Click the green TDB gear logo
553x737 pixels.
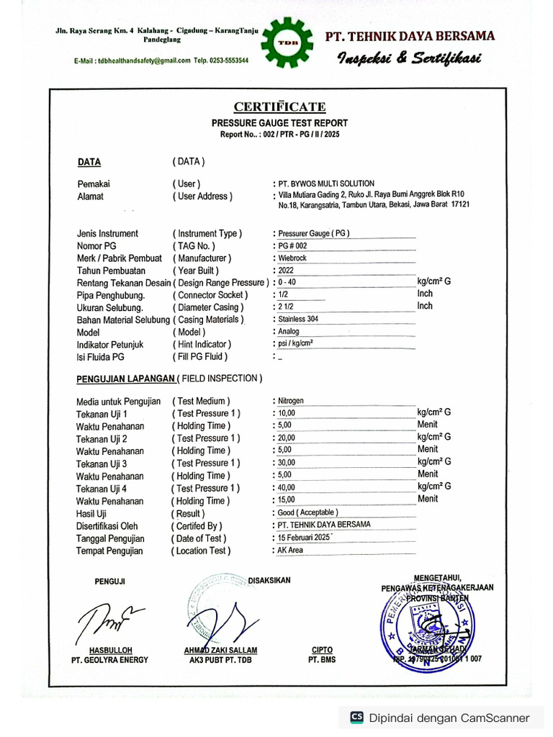[x=287, y=45]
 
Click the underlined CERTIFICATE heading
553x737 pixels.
[x=279, y=107]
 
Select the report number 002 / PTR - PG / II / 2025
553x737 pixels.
[x=302, y=135]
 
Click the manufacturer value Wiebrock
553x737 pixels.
[x=295, y=258]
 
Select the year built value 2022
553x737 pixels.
[x=286, y=270]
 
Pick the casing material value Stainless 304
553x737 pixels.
[x=298, y=319]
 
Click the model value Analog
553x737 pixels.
[x=289, y=332]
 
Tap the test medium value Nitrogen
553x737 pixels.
[x=291, y=400]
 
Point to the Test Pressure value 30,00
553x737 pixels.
[x=287, y=463]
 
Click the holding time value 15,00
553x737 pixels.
[x=287, y=500]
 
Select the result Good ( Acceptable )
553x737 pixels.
[x=308, y=512]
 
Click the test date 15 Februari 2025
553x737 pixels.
[x=303, y=538]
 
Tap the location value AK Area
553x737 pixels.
[x=290, y=550]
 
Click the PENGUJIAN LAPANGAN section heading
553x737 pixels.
[x=126, y=379]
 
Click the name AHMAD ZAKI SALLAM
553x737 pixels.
[x=220, y=650]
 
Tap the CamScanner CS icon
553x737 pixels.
[x=356, y=717]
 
